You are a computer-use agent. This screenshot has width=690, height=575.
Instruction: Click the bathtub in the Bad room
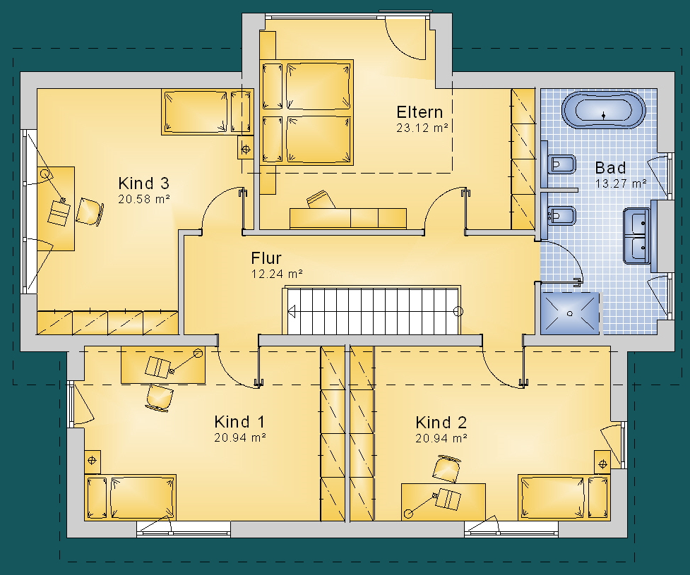point(603,110)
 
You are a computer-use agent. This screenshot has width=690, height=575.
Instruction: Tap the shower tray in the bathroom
point(570,313)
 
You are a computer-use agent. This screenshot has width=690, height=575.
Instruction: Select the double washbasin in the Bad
point(637,236)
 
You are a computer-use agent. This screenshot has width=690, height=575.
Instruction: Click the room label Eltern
point(420,112)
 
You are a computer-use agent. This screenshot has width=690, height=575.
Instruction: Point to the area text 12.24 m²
point(277,274)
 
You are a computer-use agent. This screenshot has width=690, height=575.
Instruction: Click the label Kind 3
point(143,183)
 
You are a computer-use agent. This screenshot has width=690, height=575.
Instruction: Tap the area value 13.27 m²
point(621,183)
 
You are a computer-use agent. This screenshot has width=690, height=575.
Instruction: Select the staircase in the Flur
point(373,310)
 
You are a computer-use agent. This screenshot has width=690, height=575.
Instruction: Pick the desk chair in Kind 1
point(158,398)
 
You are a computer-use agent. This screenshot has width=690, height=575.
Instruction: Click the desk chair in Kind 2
point(447,468)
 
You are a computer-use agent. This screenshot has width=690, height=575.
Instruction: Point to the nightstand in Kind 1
point(92,461)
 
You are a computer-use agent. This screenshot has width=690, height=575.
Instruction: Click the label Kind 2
point(441,423)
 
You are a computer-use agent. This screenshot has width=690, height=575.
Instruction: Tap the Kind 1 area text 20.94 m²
point(240,438)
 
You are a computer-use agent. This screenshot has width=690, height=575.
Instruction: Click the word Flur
point(266,258)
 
